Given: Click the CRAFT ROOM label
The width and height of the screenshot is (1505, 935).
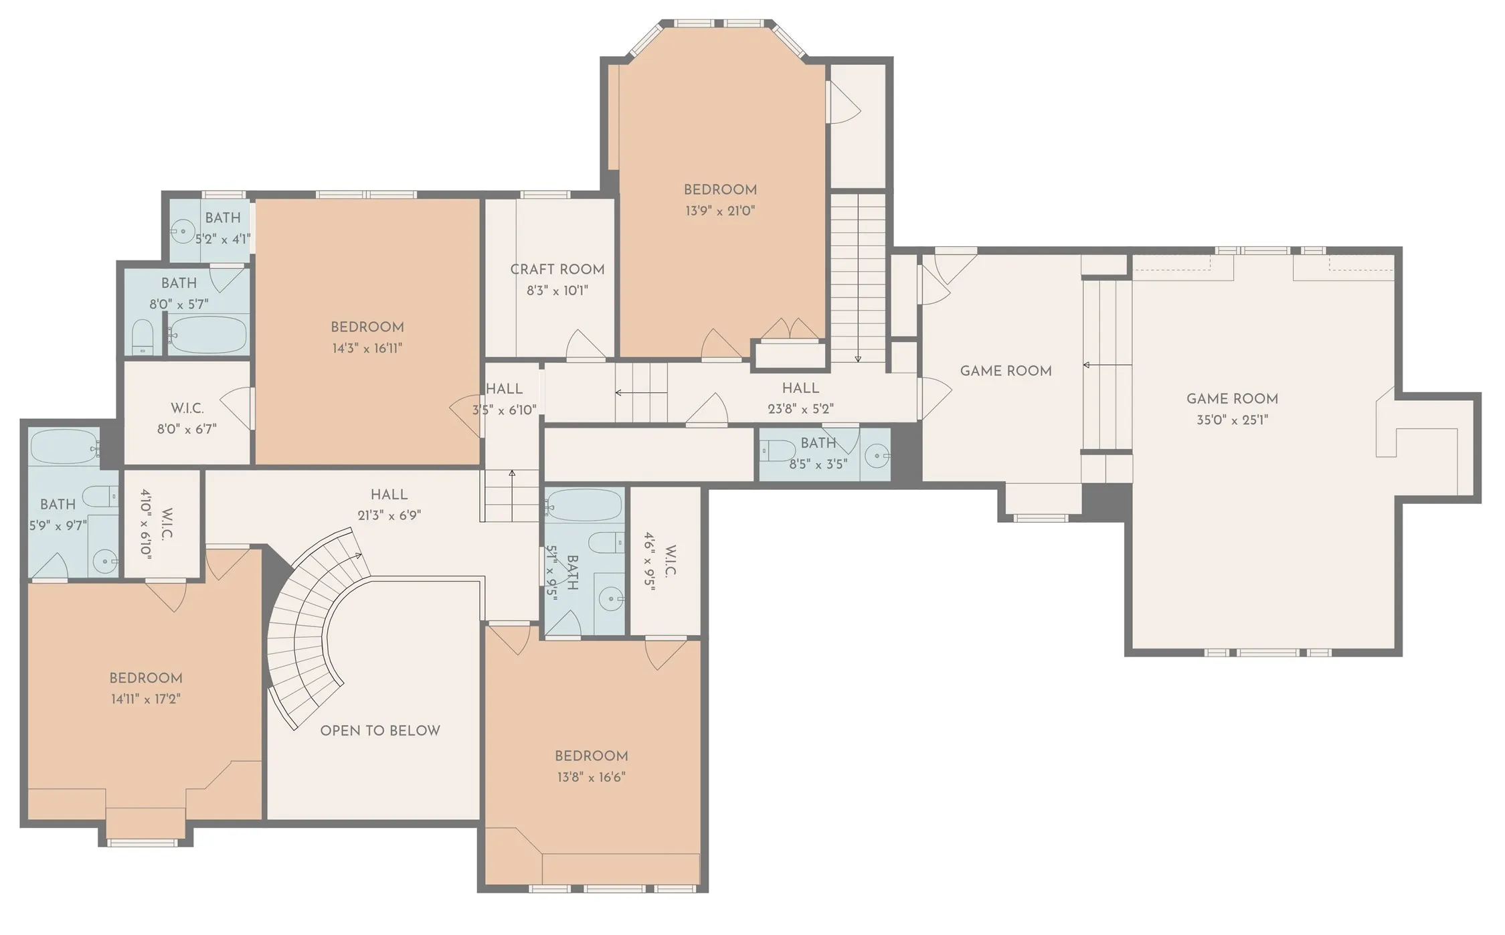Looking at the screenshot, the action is [557, 269].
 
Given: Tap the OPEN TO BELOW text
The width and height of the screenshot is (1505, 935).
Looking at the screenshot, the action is [380, 730].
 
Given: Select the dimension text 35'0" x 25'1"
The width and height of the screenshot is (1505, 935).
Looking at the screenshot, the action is [1233, 420].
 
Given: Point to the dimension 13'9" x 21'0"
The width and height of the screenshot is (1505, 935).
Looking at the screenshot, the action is [720, 210].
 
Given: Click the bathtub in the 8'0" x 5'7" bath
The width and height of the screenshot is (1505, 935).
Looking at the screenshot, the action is [207, 335].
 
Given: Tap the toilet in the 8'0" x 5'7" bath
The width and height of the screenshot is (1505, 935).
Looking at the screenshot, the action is [143, 337].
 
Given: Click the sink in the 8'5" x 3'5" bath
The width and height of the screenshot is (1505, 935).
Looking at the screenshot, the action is [876, 456].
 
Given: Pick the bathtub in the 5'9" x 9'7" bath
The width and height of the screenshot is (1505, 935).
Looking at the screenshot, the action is [64, 446].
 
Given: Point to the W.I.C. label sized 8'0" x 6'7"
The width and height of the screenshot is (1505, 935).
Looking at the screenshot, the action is [187, 408].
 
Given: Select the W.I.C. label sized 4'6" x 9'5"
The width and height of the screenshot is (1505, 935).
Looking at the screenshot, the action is [671, 560].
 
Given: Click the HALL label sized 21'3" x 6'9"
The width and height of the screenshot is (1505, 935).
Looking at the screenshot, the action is [389, 495].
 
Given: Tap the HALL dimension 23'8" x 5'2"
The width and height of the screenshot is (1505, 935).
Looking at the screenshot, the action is [800, 409].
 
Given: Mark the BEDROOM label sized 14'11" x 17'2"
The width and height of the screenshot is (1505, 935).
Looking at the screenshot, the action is [146, 678].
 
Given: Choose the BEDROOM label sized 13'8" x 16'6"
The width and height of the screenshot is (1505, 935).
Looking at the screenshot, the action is [592, 756].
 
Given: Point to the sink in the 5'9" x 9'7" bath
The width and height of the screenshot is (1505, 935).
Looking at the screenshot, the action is [104, 562].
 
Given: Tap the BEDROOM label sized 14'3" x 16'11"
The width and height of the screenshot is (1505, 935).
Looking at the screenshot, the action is [367, 327].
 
